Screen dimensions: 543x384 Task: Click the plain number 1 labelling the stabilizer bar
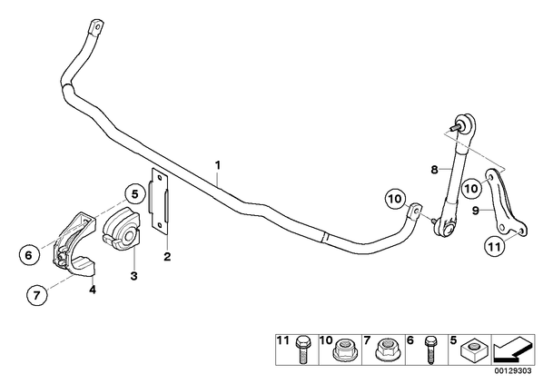tap(218, 165)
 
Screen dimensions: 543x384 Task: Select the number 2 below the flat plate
tap(167, 257)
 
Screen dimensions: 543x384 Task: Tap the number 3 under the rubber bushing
tap(134, 276)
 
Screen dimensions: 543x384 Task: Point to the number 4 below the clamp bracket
tap(92, 289)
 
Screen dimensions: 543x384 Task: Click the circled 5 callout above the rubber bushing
tap(134, 194)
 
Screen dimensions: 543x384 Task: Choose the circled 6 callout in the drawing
tap(29, 255)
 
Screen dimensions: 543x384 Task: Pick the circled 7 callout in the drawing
tap(36, 295)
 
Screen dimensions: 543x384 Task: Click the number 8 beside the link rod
tap(435, 170)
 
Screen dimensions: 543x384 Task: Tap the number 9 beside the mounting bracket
tap(476, 210)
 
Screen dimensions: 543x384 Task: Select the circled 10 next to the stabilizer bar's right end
tap(395, 199)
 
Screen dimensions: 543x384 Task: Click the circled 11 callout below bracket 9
tap(494, 247)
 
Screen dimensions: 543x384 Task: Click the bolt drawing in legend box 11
tap(302, 350)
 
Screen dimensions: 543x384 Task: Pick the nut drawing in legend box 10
tap(343, 349)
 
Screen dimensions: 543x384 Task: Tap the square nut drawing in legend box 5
tap(473, 349)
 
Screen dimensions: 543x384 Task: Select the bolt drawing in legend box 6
tap(430, 350)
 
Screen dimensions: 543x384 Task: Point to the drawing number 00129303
tap(514, 371)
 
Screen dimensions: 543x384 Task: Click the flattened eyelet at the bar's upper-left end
tap(95, 28)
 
